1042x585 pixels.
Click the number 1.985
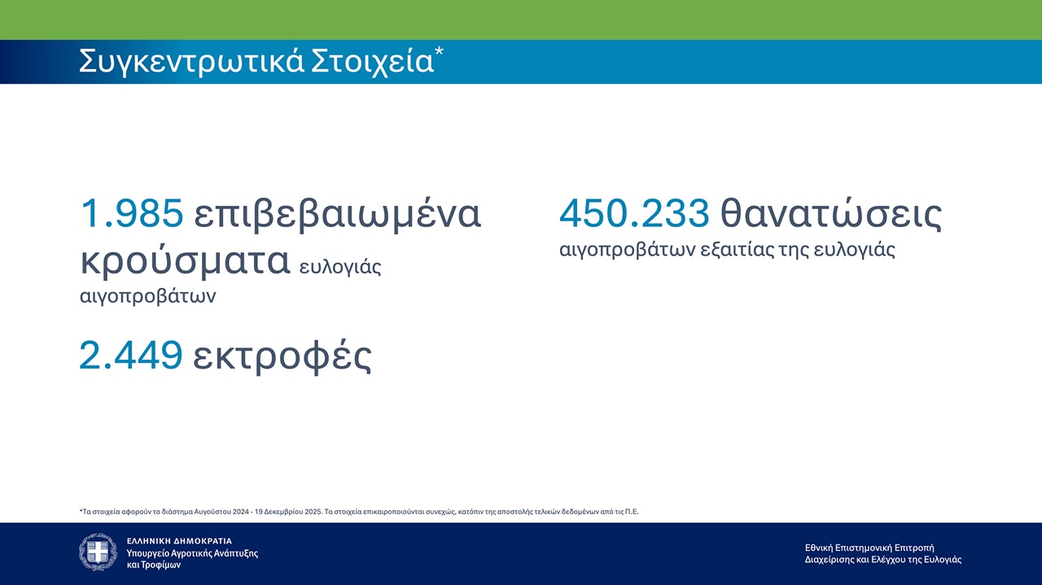pyautogui.click(x=132, y=213)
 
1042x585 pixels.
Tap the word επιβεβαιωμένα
pyautogui.click(x=337, y=214)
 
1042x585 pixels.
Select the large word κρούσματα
pyautogui.click(x=186, y=261)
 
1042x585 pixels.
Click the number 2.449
pyautogui.click(x=131, y=356)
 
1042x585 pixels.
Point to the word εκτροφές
pyautogui.click(x=282, y=356)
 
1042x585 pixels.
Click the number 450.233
pyautogui.click(x=634, y=213)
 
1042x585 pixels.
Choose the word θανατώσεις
pyautogui.click(x=831, y=214)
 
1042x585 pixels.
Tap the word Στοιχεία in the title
pyautogui.click(x=372, y=60)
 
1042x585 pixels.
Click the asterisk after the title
pyautogui.click(x=439, y=51)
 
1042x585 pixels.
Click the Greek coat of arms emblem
pyautogui.click(x=98, y=552)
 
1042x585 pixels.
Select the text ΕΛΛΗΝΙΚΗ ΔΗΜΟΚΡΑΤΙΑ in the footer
pyautogui.click(x=180, y=541)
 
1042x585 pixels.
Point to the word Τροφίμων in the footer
pyautogui.click(x=161, y=565)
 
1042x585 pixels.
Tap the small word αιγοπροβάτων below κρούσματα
pyautogui.click(x=148, y=296)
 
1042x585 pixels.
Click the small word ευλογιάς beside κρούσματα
pyautogui.click(x=340, y=268)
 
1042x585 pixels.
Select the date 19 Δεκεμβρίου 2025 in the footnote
pyautogui.click(x=288, y=512)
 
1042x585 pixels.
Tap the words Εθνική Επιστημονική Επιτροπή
pyautogui.click(x=869, y=548)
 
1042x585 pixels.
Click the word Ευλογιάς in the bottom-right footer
pyautogui.click(x=943, y=560)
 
